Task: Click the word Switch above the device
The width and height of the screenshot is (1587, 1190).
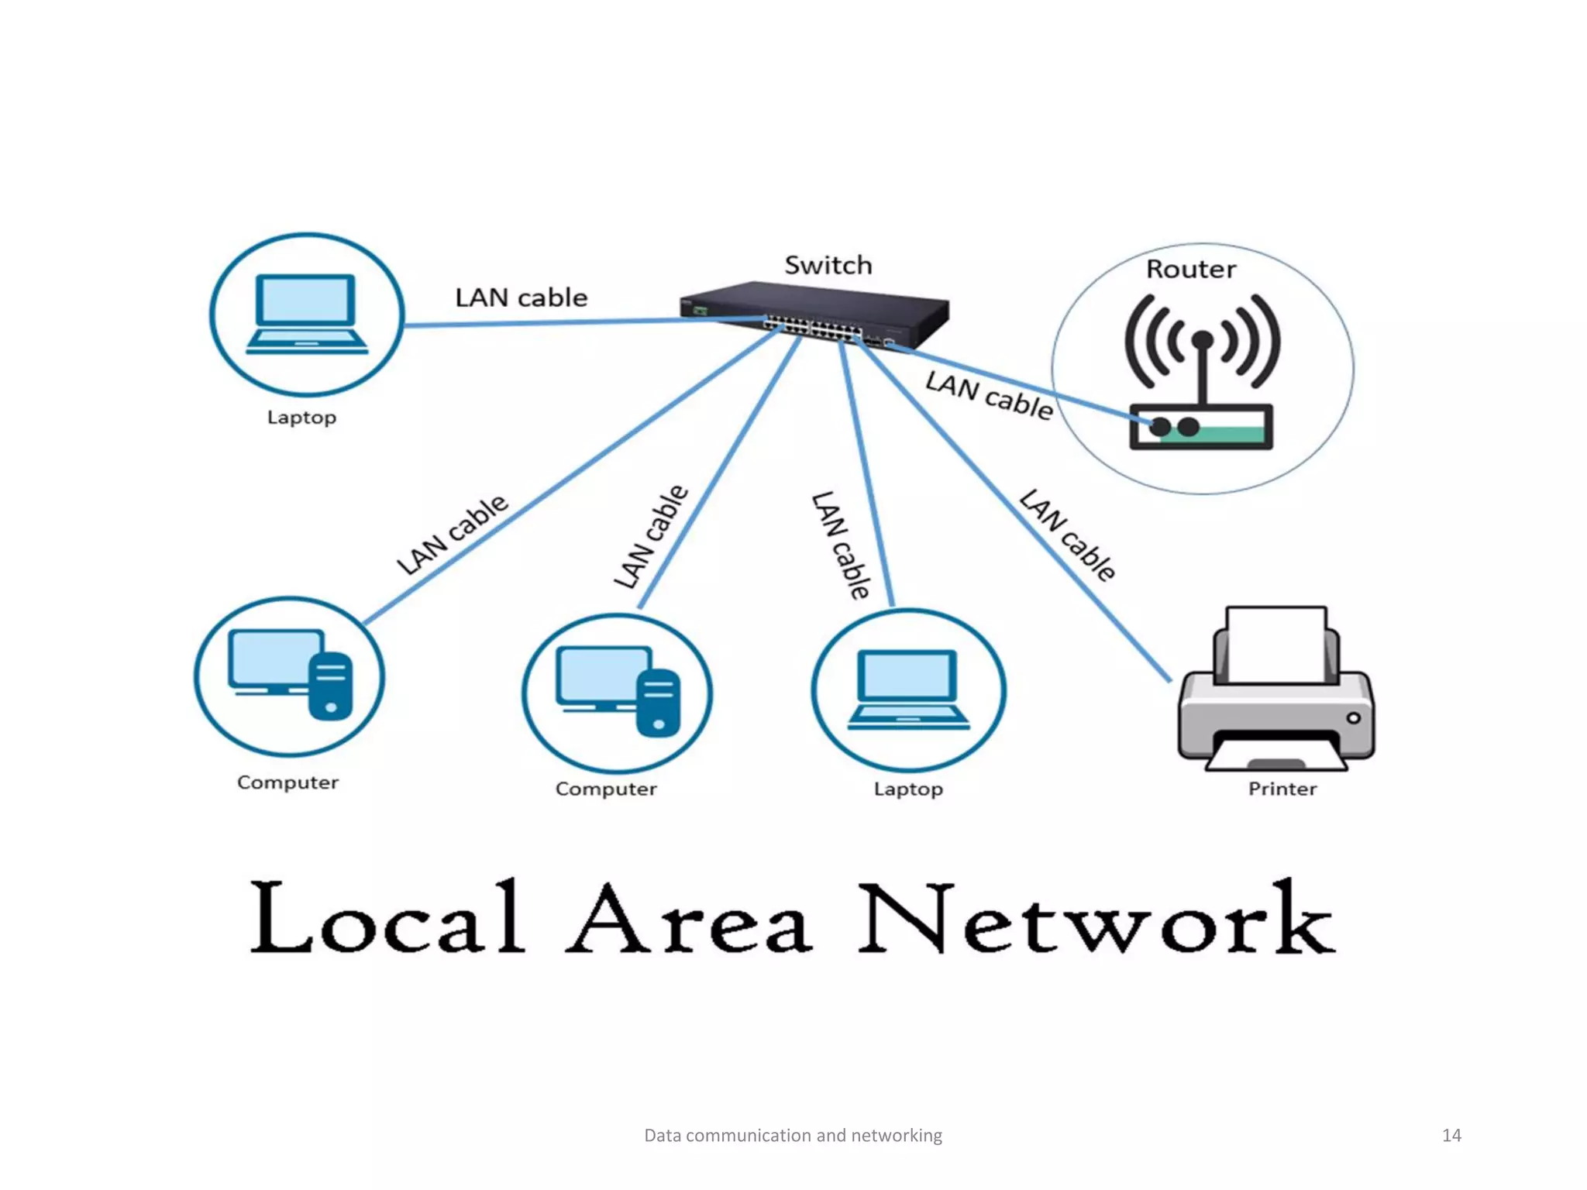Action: click(828, 265)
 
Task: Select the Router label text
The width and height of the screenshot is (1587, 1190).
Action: click(1191, 269)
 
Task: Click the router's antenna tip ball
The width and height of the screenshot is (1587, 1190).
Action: click(1202, 339)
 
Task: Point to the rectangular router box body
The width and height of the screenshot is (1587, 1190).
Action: click(1200, 427)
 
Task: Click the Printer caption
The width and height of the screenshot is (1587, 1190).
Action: click(1282, 789)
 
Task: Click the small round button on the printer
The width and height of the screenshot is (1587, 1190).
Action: click(1353, 718)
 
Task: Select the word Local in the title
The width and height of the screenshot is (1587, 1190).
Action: click(387, 917)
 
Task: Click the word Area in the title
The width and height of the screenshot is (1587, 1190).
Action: click(690, 919)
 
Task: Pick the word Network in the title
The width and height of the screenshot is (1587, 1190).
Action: click(1096, 919)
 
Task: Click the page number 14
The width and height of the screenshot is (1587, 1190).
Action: click(1451, 1135)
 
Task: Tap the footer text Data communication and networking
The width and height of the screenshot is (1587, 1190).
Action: click(793, 1135)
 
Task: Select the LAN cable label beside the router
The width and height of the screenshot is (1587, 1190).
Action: click(989, 395)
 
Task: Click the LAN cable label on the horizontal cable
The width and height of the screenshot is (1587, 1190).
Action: click(521, 297)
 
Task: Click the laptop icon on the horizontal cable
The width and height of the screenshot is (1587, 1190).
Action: click(307, 314)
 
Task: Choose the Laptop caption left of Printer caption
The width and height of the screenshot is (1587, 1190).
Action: click(908, 789)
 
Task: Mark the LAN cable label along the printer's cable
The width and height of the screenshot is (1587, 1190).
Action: click(1067, 535)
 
